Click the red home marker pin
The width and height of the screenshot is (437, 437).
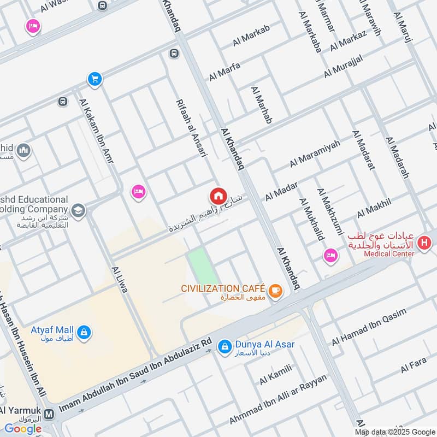coord(218,196)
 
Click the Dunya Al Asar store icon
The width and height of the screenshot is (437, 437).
coord(224,346)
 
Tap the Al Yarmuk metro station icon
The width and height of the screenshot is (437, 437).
coord(50,414)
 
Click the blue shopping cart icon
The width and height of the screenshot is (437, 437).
coord(95,79)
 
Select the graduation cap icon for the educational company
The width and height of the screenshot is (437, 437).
coord(78,211)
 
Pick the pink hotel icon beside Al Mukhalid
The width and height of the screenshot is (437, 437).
coord(330,255)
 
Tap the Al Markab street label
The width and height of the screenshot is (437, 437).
coord(251,36)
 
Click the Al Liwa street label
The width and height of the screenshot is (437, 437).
coord(119,279)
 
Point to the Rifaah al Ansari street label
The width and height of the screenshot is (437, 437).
coord(191,129)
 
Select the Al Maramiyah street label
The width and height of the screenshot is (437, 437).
coord(315,153)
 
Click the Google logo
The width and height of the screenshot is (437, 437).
coord(22,429)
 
